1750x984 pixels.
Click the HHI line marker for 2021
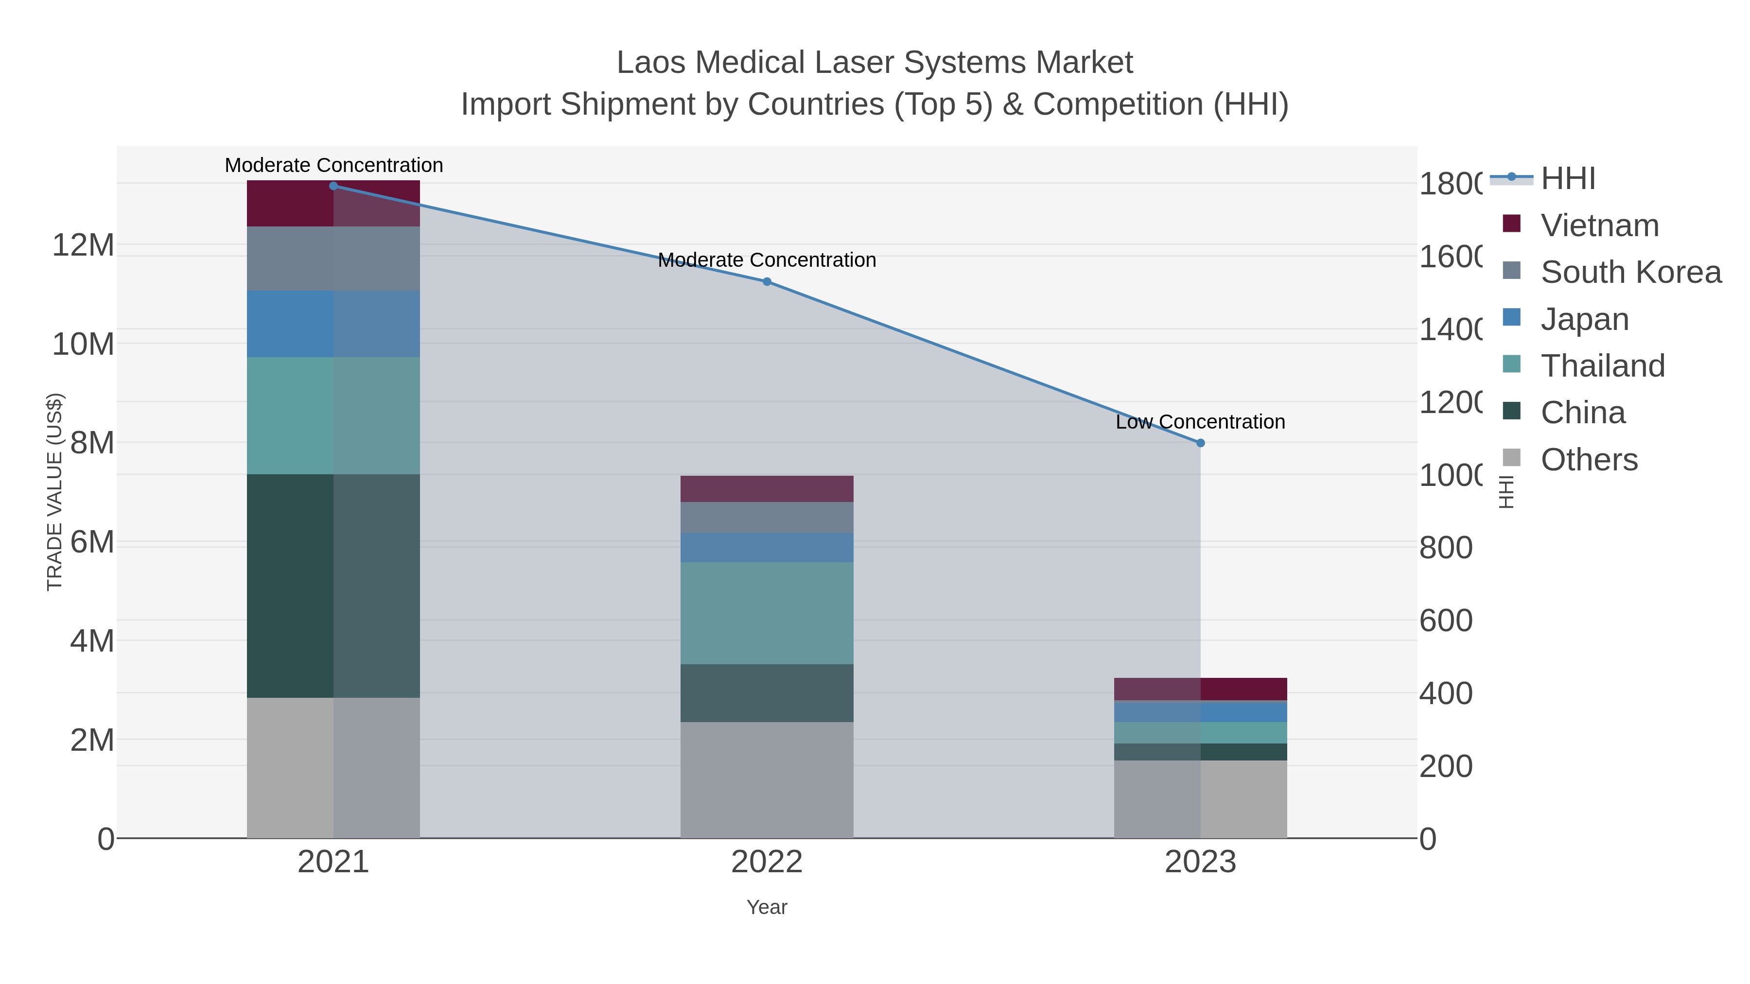click(x=333, y=186)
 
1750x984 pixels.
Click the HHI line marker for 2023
click(x=1200, y=443)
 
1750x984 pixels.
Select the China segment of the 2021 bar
click(x=333, y=586)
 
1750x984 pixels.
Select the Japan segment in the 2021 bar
click(x=333, y=324)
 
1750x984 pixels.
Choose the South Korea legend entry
click(x=1630, y=272)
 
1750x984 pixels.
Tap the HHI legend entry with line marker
click(x=1567, y=179)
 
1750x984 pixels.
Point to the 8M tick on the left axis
click(x=92, y=443)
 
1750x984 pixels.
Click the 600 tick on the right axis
click(x=1446, y=621)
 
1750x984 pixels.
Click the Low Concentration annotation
click(x=1200, y=422)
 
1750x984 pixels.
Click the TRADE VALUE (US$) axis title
click(x=54, y=492)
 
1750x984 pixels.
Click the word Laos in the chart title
click(x=652, y=63)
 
